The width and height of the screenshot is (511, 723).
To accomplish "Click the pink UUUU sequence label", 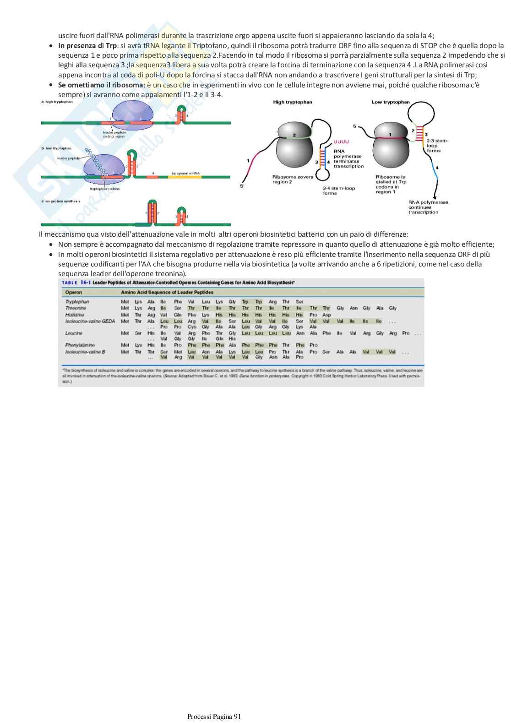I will [341, 142].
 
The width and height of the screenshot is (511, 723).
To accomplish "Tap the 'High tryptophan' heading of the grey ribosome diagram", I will [292, 102].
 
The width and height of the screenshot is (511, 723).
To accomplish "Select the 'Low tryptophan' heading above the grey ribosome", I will [391, 102].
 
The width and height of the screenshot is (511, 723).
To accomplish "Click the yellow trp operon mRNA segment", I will [185, 177].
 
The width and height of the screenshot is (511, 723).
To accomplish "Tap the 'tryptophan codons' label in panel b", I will [104, 189].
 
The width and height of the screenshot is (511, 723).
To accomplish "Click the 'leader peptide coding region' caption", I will [114, 134].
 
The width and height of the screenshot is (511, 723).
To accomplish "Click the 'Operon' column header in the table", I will [74, 292].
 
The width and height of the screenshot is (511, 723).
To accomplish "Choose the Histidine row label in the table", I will [75, 315].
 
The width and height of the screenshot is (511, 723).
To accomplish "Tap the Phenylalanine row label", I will [80, 345].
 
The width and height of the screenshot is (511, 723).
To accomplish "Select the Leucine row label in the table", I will [73, 333].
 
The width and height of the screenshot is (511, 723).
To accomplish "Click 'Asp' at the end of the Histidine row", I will [326, 315].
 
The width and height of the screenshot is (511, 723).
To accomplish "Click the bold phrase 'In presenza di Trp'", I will [87, 46].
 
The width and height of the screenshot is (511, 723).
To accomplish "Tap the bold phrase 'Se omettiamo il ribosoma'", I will [100, 85].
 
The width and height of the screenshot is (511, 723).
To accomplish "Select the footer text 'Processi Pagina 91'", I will [214, 717].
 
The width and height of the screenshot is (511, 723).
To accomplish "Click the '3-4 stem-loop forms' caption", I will [339, 190].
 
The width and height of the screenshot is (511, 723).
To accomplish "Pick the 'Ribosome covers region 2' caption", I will [293, 179].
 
